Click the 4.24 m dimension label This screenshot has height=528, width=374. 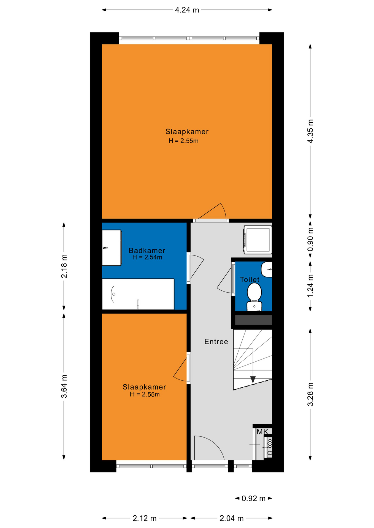[x=187, y=10]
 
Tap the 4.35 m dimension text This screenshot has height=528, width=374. [x=310, y=131]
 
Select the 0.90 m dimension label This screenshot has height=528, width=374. [x=310, y=240]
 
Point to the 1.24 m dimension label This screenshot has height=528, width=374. [x=310, y=286]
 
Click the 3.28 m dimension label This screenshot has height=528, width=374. [x=310, y=394]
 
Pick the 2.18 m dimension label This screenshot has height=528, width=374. [x=64, y=266]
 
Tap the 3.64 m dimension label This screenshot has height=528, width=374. [x=64, y=386]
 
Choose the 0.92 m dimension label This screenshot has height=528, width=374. [x=253, y=498]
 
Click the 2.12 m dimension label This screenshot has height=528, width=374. [x=145, y=518]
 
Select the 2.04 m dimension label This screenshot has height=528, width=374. [x=231, y=518]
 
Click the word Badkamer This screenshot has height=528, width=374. [x=147, y=251]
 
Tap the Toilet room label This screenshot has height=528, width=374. [x=250, y=280]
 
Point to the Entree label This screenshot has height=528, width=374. [x=216, y=342]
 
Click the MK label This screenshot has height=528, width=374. [x=262, y=432]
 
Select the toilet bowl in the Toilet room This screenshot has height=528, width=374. [x=254, y=297]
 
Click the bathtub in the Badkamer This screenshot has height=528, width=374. [x=138, y=294]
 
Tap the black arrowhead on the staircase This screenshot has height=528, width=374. [x=253, y=380]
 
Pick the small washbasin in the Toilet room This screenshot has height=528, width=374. [x=267, y=269]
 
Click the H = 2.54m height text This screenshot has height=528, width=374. [x=147, y=257]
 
